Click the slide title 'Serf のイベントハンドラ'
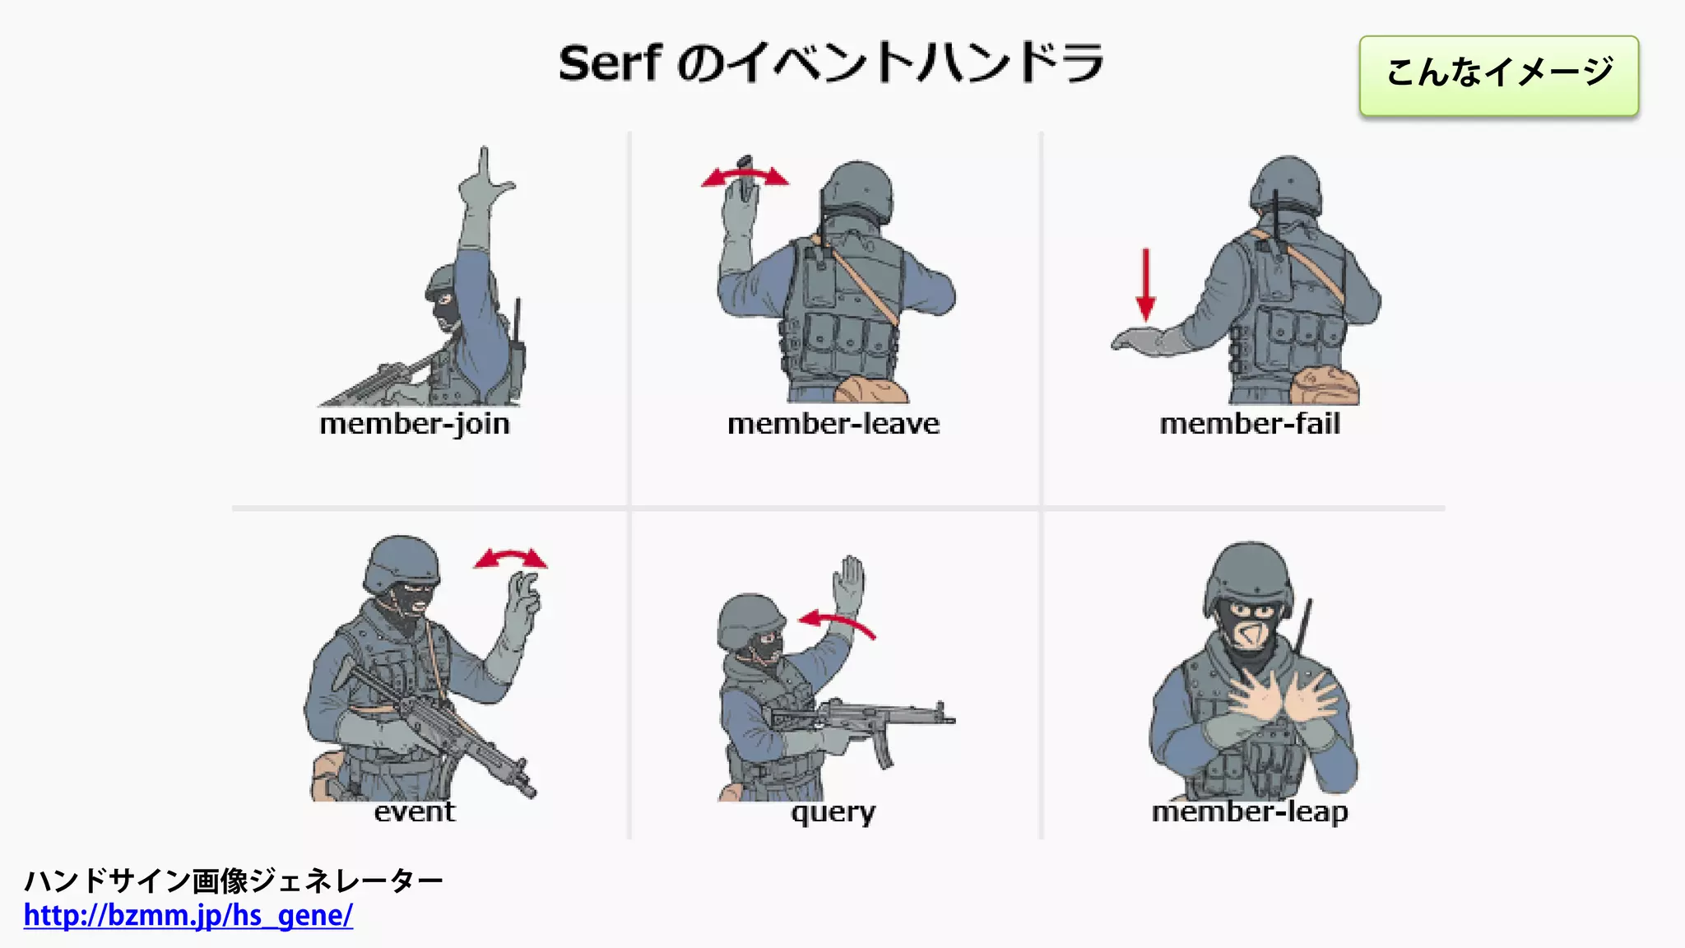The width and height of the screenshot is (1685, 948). (831, 63)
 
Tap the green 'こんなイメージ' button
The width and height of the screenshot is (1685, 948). (1498, 75)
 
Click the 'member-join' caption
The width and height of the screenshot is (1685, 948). (415, 424)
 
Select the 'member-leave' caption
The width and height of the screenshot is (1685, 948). (833, 424)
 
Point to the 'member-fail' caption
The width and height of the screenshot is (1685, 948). (1250, 424)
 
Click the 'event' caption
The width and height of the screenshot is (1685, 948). (414, 811)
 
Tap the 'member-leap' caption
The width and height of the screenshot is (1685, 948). (1250, 812)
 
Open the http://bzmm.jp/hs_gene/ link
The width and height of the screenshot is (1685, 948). (188, 915)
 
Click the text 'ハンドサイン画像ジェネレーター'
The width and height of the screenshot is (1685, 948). (234, 881)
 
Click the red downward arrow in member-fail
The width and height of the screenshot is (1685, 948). (1145, 285)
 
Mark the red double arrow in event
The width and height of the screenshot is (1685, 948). (511, 560)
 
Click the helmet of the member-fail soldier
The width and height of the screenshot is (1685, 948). (1286, 183)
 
